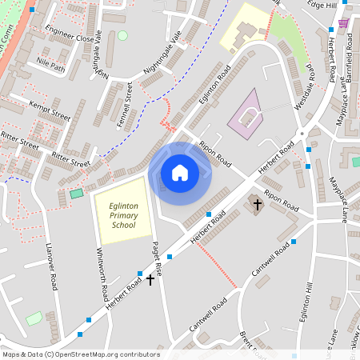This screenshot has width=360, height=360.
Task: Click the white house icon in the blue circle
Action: [180, 172]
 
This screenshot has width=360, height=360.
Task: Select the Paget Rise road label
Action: [158, 259]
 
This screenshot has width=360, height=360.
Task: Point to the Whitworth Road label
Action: [102, 272]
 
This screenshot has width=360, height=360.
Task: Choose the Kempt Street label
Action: [50, 110]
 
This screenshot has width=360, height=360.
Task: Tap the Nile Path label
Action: [51, 66]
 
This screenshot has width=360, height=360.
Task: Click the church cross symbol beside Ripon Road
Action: [257, 204]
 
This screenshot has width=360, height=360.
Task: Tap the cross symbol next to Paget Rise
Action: [150, 279]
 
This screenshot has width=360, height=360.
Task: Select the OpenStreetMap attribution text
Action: [80, 354]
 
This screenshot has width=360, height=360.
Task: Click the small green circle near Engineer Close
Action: [122, 35]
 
